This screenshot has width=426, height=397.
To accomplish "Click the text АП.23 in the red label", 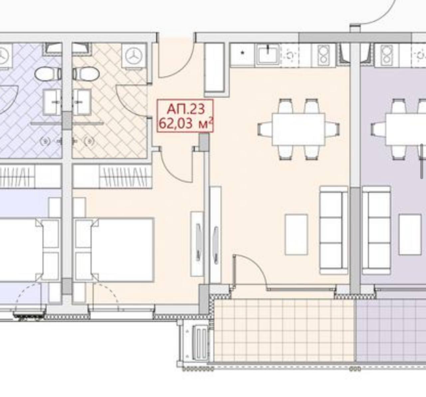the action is (186, 109).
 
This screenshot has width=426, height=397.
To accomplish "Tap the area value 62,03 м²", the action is (186, 124).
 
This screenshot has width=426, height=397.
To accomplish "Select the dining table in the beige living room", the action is (299, 130).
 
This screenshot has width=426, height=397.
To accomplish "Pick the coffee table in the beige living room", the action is (296, 234).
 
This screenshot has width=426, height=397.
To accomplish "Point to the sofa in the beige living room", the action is (333, 230).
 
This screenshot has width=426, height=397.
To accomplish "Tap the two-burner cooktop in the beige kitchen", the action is (323, 55).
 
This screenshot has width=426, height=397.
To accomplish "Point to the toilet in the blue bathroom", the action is (48, 74).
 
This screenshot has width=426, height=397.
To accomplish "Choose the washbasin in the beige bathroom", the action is (82, 103).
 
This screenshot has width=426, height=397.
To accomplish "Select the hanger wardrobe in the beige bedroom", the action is (112, 176).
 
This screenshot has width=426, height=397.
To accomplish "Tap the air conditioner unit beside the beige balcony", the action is (200, 342).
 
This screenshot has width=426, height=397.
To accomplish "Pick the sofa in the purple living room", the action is (376, 230).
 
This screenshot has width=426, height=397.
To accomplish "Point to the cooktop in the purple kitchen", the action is (386, 55).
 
